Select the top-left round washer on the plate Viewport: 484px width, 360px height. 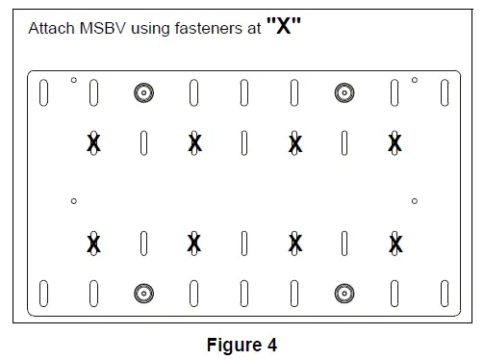[143, 92]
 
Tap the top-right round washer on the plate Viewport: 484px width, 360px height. [344, 92]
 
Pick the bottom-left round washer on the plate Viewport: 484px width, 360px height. [143, 292]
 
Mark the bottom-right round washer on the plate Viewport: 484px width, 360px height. [344, 292]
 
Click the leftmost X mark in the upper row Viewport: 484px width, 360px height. [93, 143]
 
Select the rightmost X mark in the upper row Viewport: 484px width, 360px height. [395, 143]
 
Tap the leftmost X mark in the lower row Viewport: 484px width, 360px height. [93, 243]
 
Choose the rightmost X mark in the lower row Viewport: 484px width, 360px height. [395, 243]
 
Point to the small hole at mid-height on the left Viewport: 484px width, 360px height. [73, 200]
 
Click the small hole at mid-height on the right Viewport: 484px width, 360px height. [414, 200]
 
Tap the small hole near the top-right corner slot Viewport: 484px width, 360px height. [415, 80]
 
